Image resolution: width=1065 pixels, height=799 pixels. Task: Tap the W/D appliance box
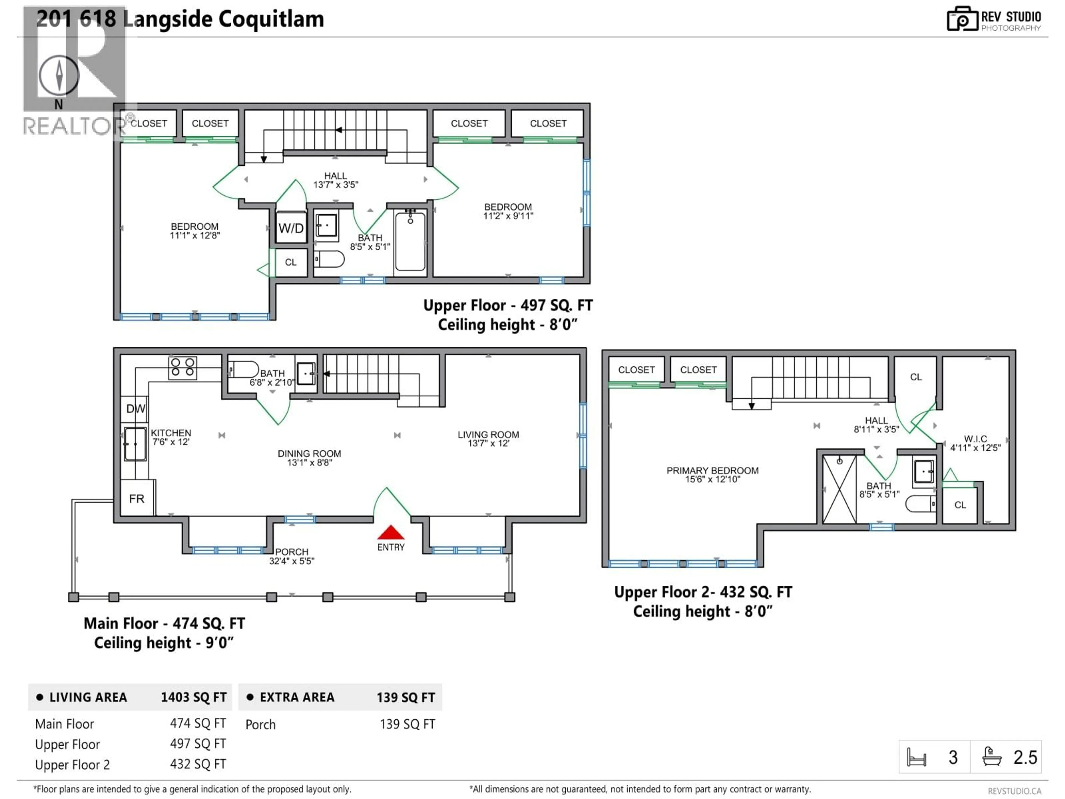click(x=291, y=228)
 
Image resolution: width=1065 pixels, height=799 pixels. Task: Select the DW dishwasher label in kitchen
click(x=135, y=409)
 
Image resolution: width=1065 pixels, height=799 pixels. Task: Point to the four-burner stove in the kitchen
click(x=182, y=368)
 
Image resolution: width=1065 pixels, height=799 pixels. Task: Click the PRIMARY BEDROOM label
click(x=712, y=471)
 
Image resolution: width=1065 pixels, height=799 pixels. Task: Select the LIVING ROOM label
click(x=488, y=434)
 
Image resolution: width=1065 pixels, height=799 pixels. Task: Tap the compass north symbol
click(x=59, y=76)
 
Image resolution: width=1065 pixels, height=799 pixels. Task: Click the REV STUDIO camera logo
click(x=962, y=19)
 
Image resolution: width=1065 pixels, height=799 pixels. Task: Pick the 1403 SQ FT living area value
click(x=194, y=697)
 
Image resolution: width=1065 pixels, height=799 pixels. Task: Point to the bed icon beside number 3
click(x=916, y=757)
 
